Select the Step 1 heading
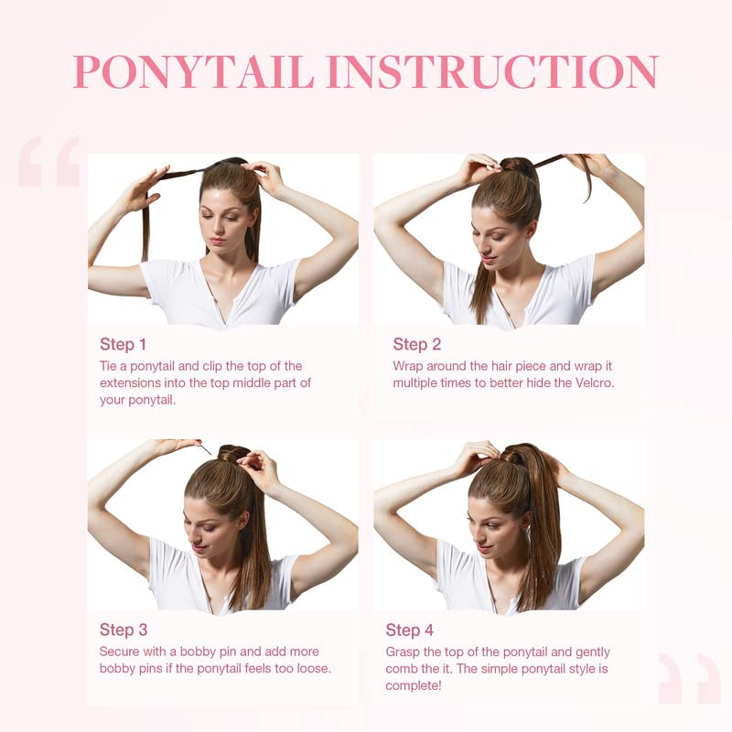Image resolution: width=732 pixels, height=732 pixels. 123,344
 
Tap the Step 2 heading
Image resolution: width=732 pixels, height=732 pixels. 417,344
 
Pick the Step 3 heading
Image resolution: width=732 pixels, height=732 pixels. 123,630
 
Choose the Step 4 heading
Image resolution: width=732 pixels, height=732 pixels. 410,630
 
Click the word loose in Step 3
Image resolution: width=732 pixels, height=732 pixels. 309,668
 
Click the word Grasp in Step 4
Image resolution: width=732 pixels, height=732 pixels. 404,651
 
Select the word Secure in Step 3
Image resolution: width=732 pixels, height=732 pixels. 121,651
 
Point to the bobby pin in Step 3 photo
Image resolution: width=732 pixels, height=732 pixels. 205,448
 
